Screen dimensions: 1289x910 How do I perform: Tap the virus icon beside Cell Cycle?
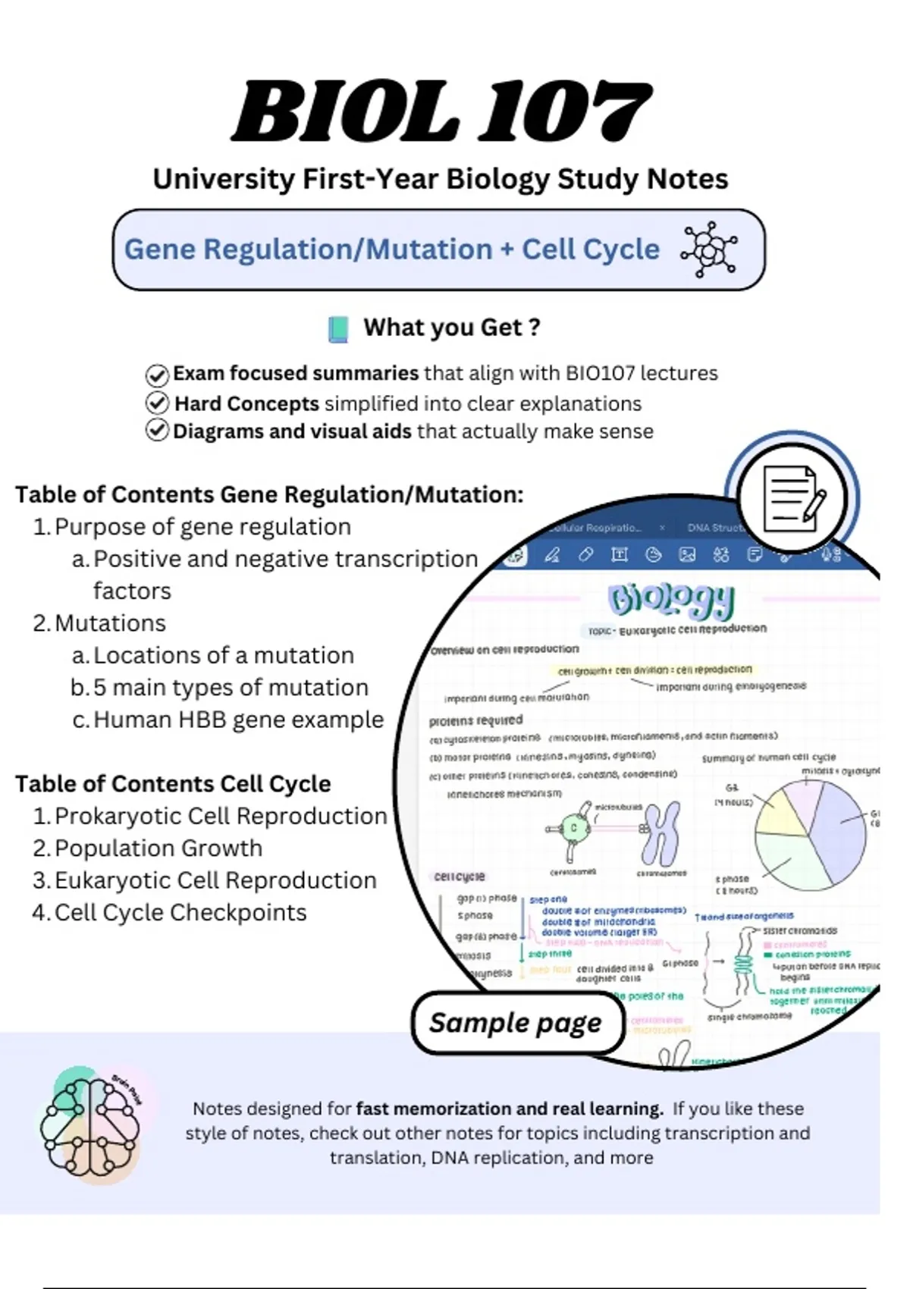click(x=708, y=249)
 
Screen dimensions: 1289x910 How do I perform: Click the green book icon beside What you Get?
click(x=338, y=329)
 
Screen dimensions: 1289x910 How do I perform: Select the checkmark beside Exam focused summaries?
click(x=157, y=375)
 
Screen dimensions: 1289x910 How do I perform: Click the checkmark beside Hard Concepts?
click(x=157, y=403)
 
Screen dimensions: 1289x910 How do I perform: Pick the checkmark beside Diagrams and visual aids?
click(x=157, y=431)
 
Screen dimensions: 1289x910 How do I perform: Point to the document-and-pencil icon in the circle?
click(x=792, y=499)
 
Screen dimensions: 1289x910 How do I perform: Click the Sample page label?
click(x=516, y=1023)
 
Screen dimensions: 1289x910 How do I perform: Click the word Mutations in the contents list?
click(x=110, y=623)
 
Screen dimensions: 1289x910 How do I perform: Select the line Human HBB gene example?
click(x=238, y=720)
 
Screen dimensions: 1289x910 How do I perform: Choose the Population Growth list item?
click(x=158, y=848)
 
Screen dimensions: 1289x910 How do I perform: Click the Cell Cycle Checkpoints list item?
click(x=180, y=912)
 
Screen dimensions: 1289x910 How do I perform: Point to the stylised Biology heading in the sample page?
click(x=671, y=601)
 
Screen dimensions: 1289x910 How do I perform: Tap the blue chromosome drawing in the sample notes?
click(x=661, y=833)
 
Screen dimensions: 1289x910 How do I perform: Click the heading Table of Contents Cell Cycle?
click(x=173, y=783)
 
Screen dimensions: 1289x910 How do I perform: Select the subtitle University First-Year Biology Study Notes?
click(x=440, y=179)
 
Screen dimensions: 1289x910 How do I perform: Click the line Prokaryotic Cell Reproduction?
click(x=220, y=816)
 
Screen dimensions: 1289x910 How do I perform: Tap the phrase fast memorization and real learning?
click(x=509, y=1109)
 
